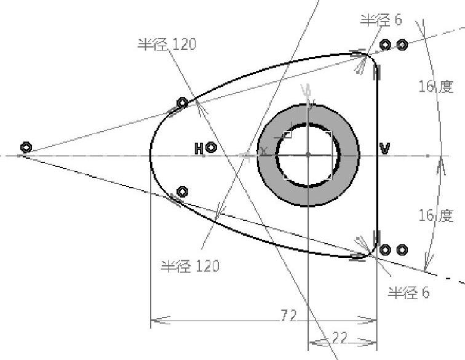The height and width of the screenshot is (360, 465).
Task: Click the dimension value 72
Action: point(288,316)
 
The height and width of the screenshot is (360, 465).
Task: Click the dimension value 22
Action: point(340,338)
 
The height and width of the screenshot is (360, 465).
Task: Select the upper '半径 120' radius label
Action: point(167,44)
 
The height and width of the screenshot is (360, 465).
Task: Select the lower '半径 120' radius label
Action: point(190,266)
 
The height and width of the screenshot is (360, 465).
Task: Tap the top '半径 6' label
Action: point(381,20)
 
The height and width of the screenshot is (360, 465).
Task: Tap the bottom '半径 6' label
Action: point(408,293)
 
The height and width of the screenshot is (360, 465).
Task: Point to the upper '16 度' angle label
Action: point(436,86)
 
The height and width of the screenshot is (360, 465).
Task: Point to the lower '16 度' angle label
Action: point(436,215)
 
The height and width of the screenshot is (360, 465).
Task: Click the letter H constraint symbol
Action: point(199,148)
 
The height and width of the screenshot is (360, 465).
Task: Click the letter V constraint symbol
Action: point(385,148)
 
